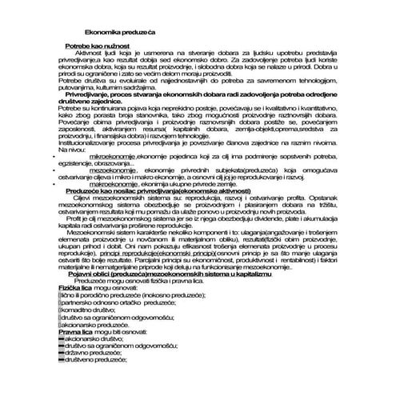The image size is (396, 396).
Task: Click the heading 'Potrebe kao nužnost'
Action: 95,47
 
